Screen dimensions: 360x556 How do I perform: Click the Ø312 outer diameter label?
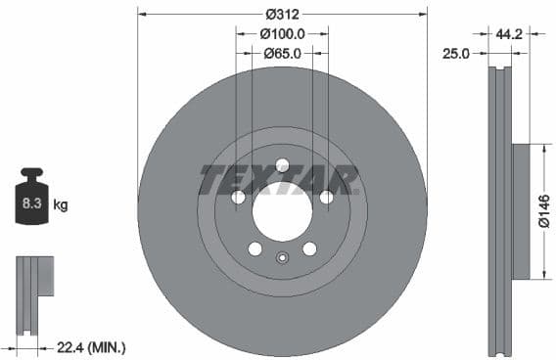click(x=282, y=14)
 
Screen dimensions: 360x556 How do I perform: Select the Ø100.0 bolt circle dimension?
click(x=282, y=33)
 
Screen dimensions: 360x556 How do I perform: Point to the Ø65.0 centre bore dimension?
click(x=282, y=53)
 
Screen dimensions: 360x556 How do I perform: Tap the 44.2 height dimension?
click(x=507, y=33)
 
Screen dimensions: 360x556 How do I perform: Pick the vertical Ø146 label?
click(x=545, y=211)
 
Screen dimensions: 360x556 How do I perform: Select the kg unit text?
click(x=61, y=205)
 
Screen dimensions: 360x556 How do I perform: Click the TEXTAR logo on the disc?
click(x=279, y=180)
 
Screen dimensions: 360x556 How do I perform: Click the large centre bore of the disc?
click(x=282, y=211)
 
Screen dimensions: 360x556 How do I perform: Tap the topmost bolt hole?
click(x=282, y=164)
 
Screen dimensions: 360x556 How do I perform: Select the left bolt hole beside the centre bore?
click(x=238, y=198)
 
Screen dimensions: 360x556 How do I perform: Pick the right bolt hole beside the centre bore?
click(x=326, y=198)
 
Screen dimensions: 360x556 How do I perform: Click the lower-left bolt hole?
click(x=255, y=248)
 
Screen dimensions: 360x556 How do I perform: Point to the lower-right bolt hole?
click(x=309, y=248)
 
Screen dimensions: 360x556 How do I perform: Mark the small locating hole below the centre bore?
click(x=282, y=258)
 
